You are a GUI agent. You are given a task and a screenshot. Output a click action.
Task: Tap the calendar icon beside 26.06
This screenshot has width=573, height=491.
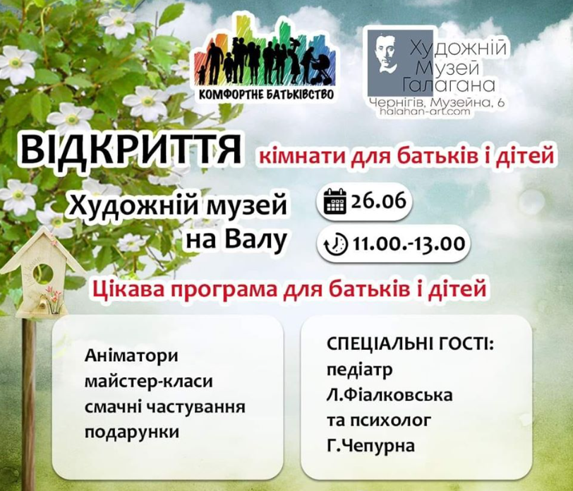[335, 202]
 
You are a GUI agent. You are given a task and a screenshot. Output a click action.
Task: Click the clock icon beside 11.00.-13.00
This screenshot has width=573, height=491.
[336, 244]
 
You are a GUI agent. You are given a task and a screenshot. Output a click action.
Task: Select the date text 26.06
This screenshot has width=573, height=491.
[378, 200]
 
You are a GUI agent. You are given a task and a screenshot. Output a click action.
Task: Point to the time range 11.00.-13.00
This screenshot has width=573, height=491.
[409, 243]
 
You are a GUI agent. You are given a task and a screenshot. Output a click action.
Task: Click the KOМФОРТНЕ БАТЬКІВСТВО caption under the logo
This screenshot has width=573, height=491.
[266, 95]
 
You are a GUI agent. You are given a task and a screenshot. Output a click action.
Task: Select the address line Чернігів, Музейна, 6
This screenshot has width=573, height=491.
[437, 103]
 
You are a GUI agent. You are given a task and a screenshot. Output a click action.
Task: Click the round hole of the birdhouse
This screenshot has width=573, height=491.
[43, 274]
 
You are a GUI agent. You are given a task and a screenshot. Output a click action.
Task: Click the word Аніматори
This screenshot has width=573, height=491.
[131, 356]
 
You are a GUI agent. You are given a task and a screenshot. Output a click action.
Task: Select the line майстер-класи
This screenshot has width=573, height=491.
[148, 381]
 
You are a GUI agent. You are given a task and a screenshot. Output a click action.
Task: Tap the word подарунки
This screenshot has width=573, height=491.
[132, 432]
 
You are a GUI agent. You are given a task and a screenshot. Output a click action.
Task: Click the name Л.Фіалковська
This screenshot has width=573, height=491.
[390, 395]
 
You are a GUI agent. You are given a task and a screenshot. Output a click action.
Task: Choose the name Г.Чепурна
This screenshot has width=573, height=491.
[371, 446]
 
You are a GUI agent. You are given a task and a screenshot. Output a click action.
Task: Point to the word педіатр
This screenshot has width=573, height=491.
[360, 370]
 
